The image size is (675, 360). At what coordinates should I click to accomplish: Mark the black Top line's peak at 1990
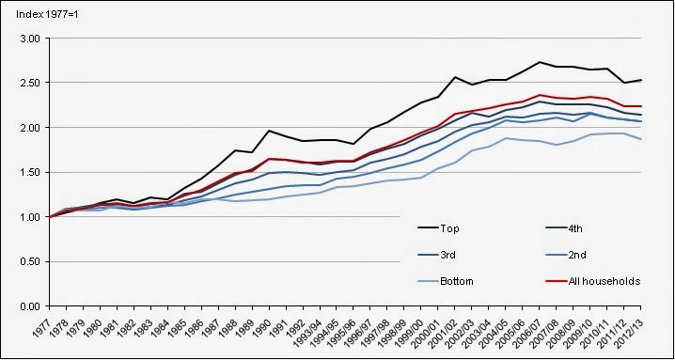pyautogui.click(x=269, y=131)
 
